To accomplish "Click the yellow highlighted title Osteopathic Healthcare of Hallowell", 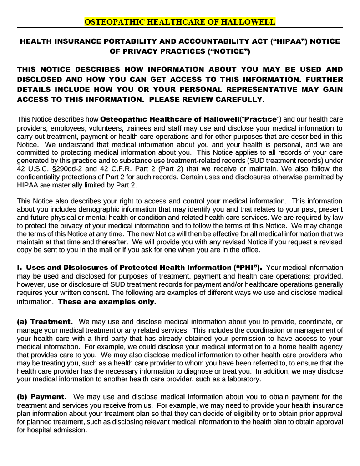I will click(x=180, y=22).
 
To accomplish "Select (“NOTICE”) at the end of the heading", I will click(x=225, y=51).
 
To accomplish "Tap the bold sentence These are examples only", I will click(x=107, y=302).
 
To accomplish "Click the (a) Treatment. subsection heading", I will click(x=45, y=322).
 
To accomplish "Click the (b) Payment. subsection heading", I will click(x=42, y=397).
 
